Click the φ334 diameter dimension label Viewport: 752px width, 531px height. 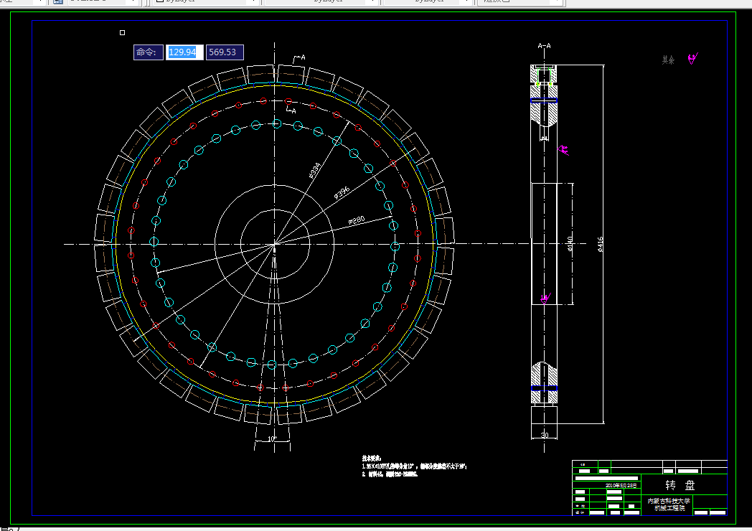click(x=314, y=170)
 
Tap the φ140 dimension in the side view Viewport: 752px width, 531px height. click(x=570, y=245)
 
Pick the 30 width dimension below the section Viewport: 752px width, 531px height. click(x=544, y=436)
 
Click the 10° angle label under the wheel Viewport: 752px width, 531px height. click(x=272, y=438)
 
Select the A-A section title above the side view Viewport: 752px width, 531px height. click(x=545, y=46)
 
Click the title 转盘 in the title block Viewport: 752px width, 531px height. click(x=679, y=485)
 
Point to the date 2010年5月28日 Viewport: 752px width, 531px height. click(x=621, y=486)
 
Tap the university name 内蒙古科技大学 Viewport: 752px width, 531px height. click(x=668, y=501)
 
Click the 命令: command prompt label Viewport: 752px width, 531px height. click(x=146, y=52)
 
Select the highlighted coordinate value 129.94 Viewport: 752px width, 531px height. click(x=182, y=52)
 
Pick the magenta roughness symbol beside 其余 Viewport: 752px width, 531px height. click(x=692, y=59)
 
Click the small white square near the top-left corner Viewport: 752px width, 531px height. click(x=122, y=32)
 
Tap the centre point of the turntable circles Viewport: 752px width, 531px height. click(x=274, y=245)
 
